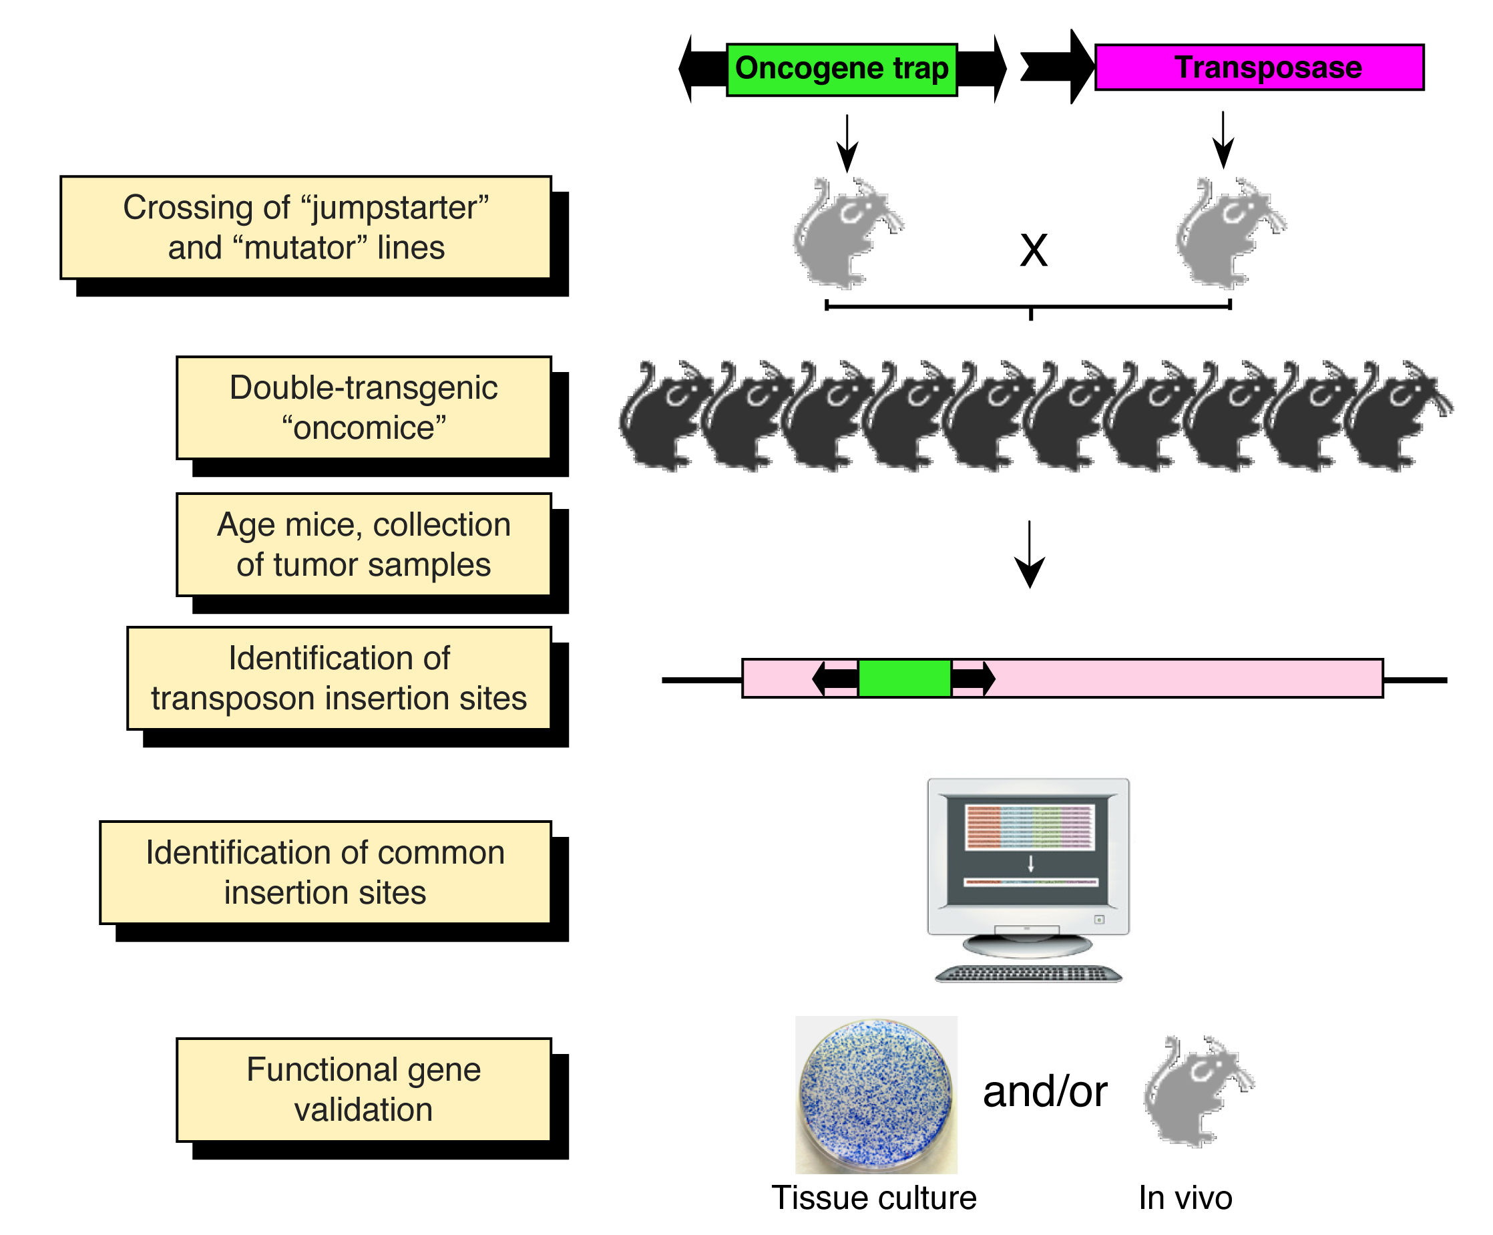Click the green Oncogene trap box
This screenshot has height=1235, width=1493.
842,69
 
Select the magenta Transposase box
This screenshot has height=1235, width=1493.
1259,67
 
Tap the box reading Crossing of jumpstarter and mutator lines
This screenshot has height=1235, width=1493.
306,228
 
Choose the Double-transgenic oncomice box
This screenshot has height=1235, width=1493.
364,407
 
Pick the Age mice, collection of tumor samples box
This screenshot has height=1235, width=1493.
364,544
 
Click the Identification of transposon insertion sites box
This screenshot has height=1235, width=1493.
339,679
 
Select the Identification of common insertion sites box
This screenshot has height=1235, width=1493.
326,872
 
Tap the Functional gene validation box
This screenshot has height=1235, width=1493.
364,1090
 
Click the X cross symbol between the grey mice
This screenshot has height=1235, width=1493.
1034,250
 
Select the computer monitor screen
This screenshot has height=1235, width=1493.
1028,850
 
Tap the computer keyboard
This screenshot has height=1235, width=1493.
1028,974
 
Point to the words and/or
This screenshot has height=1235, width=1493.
1045,1092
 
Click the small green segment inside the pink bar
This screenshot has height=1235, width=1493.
904,679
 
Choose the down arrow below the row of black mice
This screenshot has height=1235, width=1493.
1030,554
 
